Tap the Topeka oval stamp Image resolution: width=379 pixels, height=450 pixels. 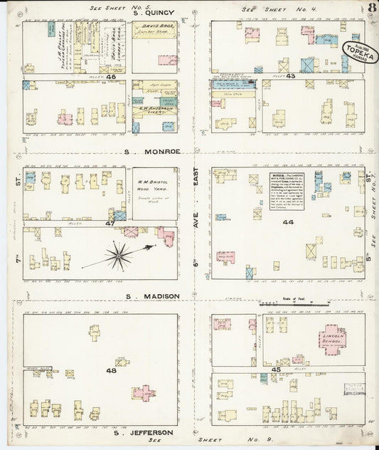361,51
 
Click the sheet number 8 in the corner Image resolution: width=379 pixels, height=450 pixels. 372,8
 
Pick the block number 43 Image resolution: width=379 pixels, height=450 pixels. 290,75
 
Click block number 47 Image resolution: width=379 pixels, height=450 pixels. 110,223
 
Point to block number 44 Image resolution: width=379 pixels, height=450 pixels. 288,223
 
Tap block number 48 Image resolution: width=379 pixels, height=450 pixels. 111,370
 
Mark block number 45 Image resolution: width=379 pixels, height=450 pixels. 275,370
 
